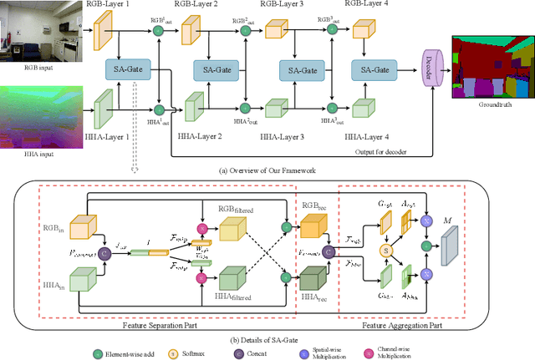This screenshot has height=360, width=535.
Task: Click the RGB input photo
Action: click(x=33, y=32)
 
